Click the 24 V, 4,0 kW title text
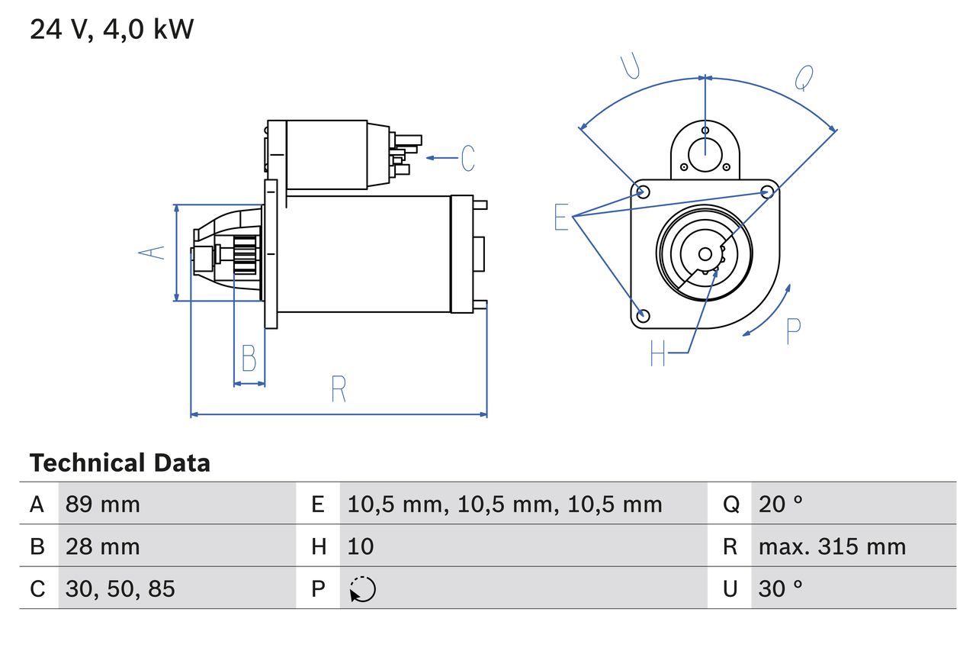point(111,30)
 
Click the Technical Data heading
point(119,463)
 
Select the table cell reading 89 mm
point(103,504)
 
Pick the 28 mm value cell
point(103,546)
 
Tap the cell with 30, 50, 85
point(120,588)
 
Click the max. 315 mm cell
point(832,546)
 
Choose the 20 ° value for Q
point(781,504)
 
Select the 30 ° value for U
point(781,588)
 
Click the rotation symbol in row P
point(362,589)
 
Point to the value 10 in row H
point(361,546)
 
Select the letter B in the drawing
point(249,358)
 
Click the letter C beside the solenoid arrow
point(467,158)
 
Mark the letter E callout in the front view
point(561,218)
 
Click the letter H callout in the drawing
point(658,353)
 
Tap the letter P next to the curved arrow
point(793,330)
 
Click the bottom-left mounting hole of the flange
point(643,315)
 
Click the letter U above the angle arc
point(630,66)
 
